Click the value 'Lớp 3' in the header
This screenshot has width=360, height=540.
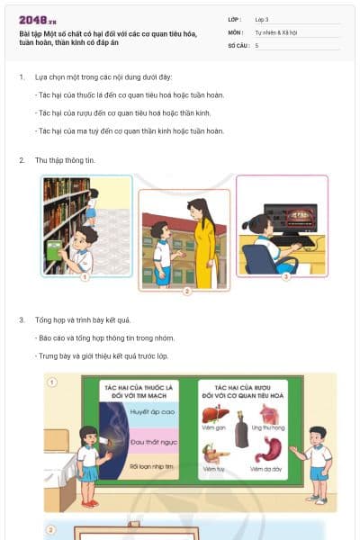262,19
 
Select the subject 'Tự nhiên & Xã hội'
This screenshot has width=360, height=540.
275,31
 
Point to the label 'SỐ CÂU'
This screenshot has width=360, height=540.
238,44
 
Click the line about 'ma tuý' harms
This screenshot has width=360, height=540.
129,130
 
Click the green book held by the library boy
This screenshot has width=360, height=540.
53,253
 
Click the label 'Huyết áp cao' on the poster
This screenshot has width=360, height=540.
150,410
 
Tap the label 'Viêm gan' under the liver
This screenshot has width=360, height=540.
212,429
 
